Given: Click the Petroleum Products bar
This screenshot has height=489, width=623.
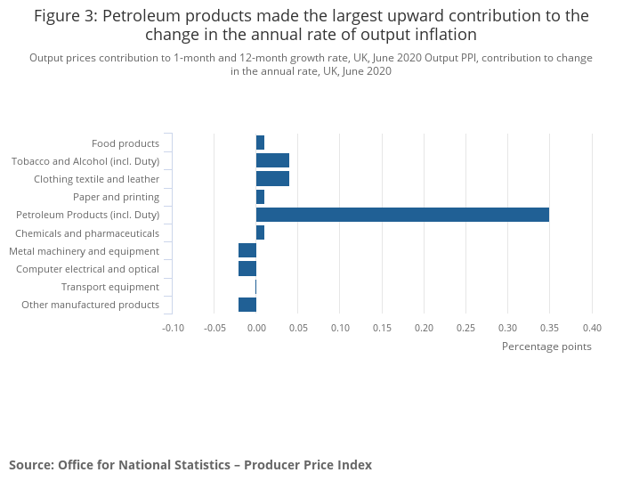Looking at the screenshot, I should point(402,215).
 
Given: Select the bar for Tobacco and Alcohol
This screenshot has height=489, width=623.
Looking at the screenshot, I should point(272,160).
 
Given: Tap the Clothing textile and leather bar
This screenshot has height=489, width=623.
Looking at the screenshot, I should point(272,179).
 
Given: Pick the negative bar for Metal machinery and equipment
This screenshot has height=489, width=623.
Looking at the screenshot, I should point(247,251).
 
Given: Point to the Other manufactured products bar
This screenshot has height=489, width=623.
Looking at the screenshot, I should point(247,305).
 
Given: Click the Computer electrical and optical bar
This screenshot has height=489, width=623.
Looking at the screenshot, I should point(247,269).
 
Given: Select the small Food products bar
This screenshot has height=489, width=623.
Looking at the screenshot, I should point(260,143).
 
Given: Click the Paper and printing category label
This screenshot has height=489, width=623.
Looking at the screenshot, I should point(116,197).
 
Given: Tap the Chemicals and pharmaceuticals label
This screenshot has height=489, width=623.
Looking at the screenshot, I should point(87,233).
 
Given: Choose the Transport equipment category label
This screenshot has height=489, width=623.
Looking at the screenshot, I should point(110,287).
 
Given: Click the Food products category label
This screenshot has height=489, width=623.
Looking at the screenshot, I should point(125,143).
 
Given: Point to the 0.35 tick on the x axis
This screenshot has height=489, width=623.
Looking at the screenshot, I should point(549,327).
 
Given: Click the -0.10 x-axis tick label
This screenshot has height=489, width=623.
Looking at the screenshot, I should point(173,327).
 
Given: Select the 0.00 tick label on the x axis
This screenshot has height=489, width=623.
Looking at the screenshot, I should point(256,327).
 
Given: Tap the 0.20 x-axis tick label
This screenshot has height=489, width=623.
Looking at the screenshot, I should point(424,327).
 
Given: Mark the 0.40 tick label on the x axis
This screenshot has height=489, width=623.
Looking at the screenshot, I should point(592,327).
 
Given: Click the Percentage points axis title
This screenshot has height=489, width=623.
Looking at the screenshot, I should point(546,346).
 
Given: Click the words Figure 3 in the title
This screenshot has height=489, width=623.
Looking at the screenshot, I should point(65,16).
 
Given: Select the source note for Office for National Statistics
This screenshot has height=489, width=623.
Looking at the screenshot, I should point(190,465).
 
